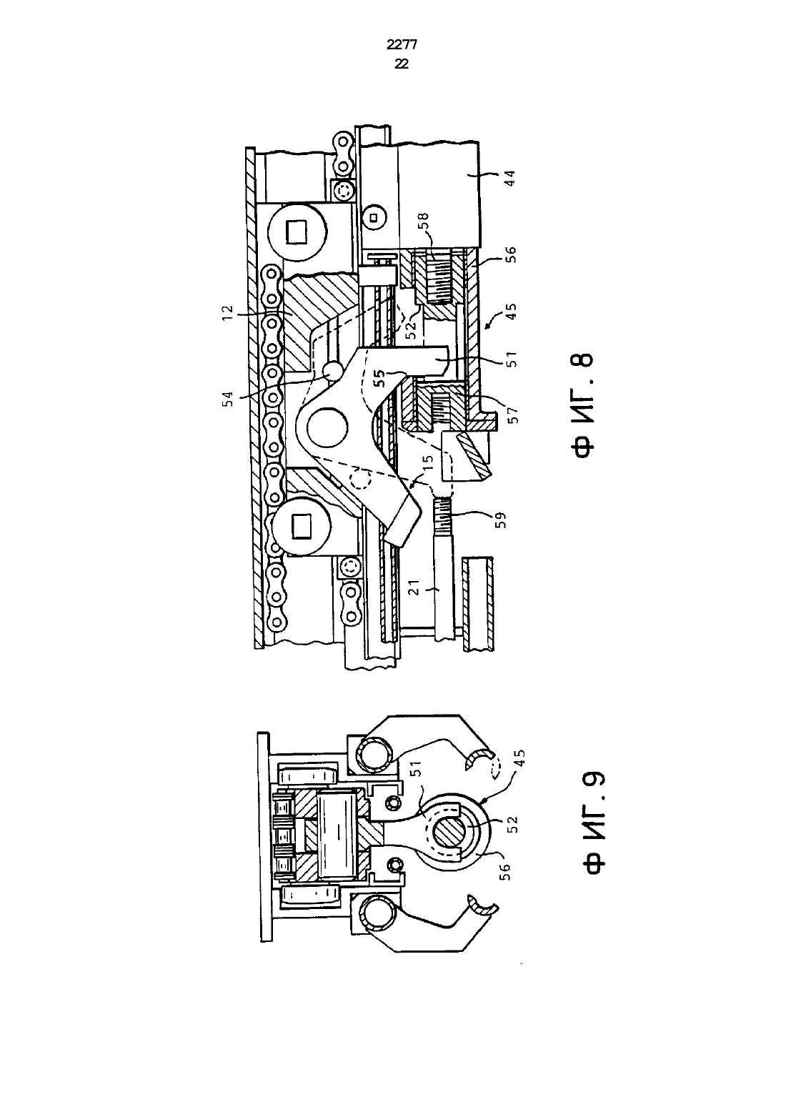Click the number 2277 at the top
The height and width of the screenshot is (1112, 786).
tap(402, 45)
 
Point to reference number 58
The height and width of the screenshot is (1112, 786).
tap(425, 220)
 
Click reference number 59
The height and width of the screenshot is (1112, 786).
tap(501, 520)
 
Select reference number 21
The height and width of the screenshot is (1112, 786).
tap(415, 587)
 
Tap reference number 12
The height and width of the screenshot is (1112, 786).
tap(227, 313)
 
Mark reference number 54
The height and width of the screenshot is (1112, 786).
tap(228, 399)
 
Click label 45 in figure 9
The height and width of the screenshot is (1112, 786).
tap(519, 758)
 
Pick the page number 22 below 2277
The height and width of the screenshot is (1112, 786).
tap(402, 64)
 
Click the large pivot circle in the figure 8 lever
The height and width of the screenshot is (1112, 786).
tap(327, 427)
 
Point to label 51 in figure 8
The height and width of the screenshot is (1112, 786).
tap(512, 359)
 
